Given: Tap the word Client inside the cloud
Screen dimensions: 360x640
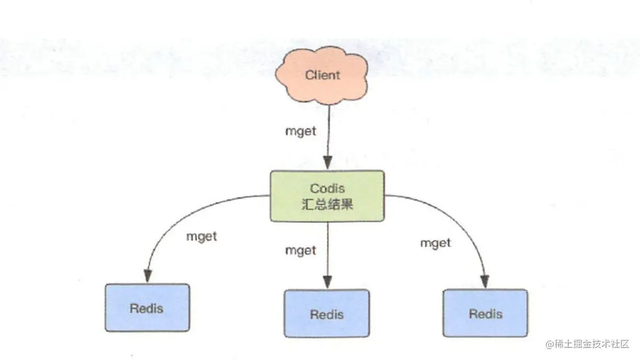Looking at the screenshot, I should [x=323, y=75].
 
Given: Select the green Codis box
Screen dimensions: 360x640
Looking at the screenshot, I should [x=327, y=195].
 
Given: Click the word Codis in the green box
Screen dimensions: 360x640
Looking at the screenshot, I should [x=327, y=188].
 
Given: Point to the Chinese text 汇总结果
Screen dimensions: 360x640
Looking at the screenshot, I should [x=327, y=204].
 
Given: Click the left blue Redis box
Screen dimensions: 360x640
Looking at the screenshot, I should [x=147, y=308].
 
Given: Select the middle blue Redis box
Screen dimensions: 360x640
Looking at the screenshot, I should [x=327, y=313].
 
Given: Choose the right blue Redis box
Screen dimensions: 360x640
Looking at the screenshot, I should [x=485, y=313].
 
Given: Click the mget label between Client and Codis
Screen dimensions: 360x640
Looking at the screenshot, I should [x=301, y=131].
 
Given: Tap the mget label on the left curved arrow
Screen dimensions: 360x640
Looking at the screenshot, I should [x=201, y=236].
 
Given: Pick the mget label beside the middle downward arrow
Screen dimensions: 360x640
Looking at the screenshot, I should [x=301, y=250].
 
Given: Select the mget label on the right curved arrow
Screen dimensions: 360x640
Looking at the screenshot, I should [x=436, y=243].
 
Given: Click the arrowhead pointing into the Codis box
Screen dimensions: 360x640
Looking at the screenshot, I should [x=328, y=162].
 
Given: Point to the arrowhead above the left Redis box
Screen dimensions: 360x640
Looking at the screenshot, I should [x=148, y=276].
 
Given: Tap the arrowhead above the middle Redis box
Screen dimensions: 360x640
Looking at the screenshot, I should [x=328, y=282].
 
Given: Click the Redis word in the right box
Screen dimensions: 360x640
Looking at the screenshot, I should [x=485, y=314].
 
